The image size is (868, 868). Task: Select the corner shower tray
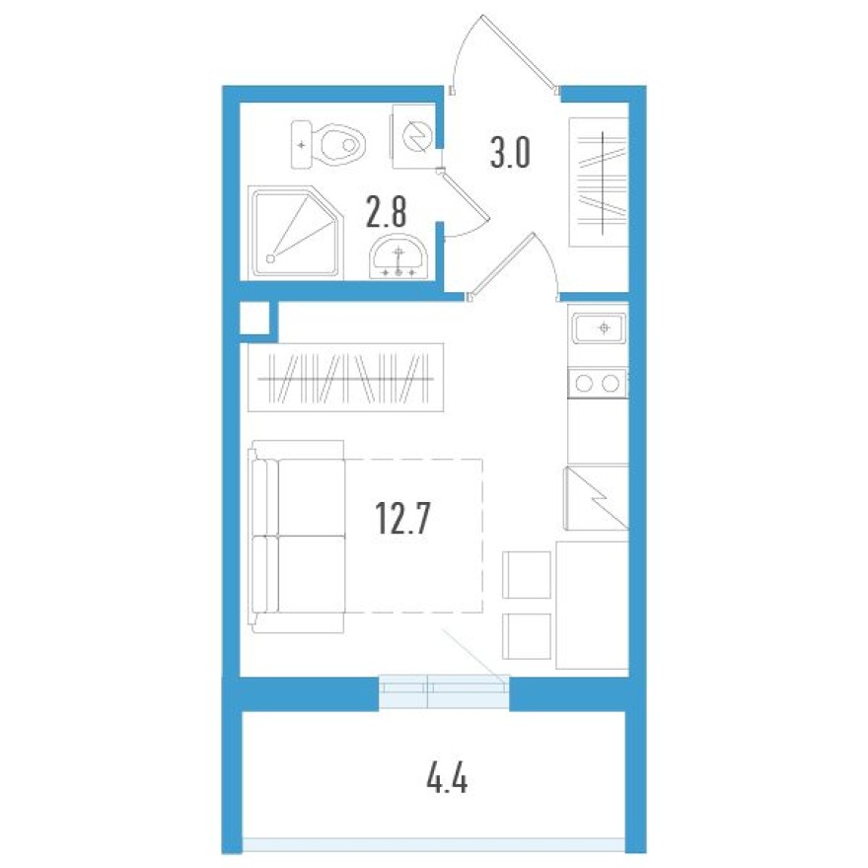[292, 231]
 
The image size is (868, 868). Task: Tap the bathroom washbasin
[398, 258]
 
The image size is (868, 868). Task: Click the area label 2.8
[387, 211]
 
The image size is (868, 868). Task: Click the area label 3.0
[511, 153]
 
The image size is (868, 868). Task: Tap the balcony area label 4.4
[446, 782]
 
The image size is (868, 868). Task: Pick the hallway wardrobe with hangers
[598, 181]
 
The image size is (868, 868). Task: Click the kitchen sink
[598, 327]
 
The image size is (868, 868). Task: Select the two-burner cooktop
[598, 382]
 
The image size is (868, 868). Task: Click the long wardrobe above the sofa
[346, 378]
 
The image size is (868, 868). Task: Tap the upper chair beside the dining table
[527, 574]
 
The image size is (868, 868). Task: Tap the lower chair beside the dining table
[527, 637]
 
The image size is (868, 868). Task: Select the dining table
[592, 605]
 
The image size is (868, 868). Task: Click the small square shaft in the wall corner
[253, 320]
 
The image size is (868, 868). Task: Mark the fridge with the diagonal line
[595, 499]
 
